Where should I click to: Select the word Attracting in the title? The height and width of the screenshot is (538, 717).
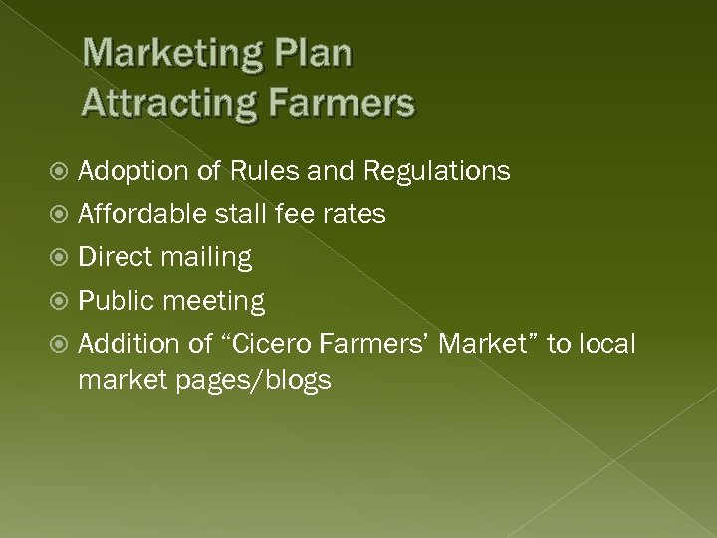[x=170, y=102]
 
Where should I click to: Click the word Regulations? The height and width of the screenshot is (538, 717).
[x=437, y=171]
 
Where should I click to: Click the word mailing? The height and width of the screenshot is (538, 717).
[x=205, y=258]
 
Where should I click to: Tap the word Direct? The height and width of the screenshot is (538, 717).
[x=114, y=257]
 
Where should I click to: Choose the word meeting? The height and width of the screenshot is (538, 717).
[x=214, y=301]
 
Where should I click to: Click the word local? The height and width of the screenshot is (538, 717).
[x=603, y=343]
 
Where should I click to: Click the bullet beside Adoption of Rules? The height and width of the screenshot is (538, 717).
[x=63, y=172]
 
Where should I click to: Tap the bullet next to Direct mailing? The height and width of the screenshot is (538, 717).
[x=63, y=258]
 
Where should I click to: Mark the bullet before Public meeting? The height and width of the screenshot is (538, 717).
[x=63, y=301]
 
